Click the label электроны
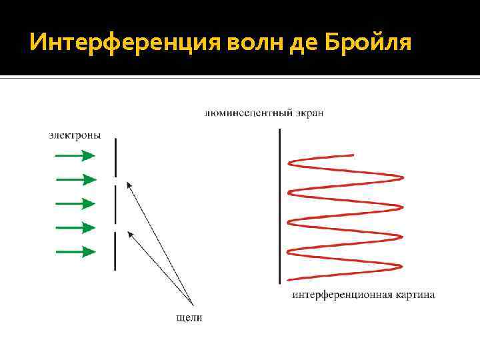click(x=75, y=135)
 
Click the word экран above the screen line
click(x=309, y=113)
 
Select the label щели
click(x=189, y=318)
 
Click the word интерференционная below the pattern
click(x=335, y=294)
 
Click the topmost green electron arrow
click(x=75, y=156)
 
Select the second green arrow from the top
click(x=76, y=179)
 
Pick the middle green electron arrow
click(x=75, y=203)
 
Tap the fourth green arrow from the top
click(x=75, y=228)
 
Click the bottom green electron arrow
click(x=75, y=252)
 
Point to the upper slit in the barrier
click(x=116, y=181)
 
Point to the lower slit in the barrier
click(x=116, y=228)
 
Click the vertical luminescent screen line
click(x=280, y=207)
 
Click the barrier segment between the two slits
click(x=116, y=205)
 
